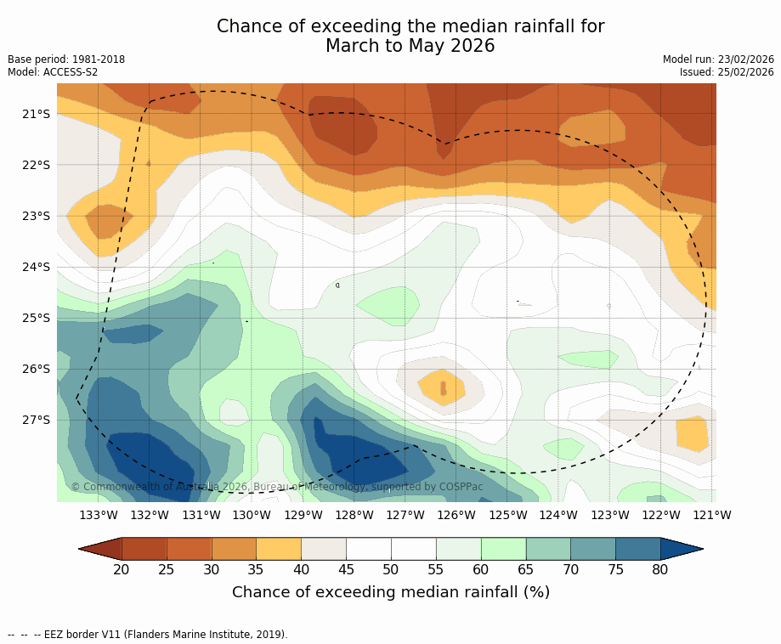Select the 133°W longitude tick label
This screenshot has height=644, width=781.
coord(98,515)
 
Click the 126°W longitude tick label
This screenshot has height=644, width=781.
coord(456,515)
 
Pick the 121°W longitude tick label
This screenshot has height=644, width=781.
coord(712,515)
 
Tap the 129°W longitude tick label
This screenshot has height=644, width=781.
coord(303,515)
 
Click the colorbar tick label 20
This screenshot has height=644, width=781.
coord(122,569)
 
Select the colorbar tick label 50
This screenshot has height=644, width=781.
coord(391,569)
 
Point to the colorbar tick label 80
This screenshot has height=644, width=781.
coord(660,569)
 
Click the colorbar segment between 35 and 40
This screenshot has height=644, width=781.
coord(279,549)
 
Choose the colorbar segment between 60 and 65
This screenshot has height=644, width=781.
coord(503,549)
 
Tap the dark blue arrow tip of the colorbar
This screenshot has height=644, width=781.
coord(684,549)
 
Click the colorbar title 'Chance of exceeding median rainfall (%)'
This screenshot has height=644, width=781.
coord(391,592)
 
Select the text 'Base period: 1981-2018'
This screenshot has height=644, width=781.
coord(66,59)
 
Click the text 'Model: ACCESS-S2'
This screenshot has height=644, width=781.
coord(53,72)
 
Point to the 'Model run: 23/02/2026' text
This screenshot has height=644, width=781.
coord(718,59)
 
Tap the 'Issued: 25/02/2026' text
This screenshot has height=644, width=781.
coord(727,72)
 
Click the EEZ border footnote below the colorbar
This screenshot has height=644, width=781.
coord(147,635)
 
